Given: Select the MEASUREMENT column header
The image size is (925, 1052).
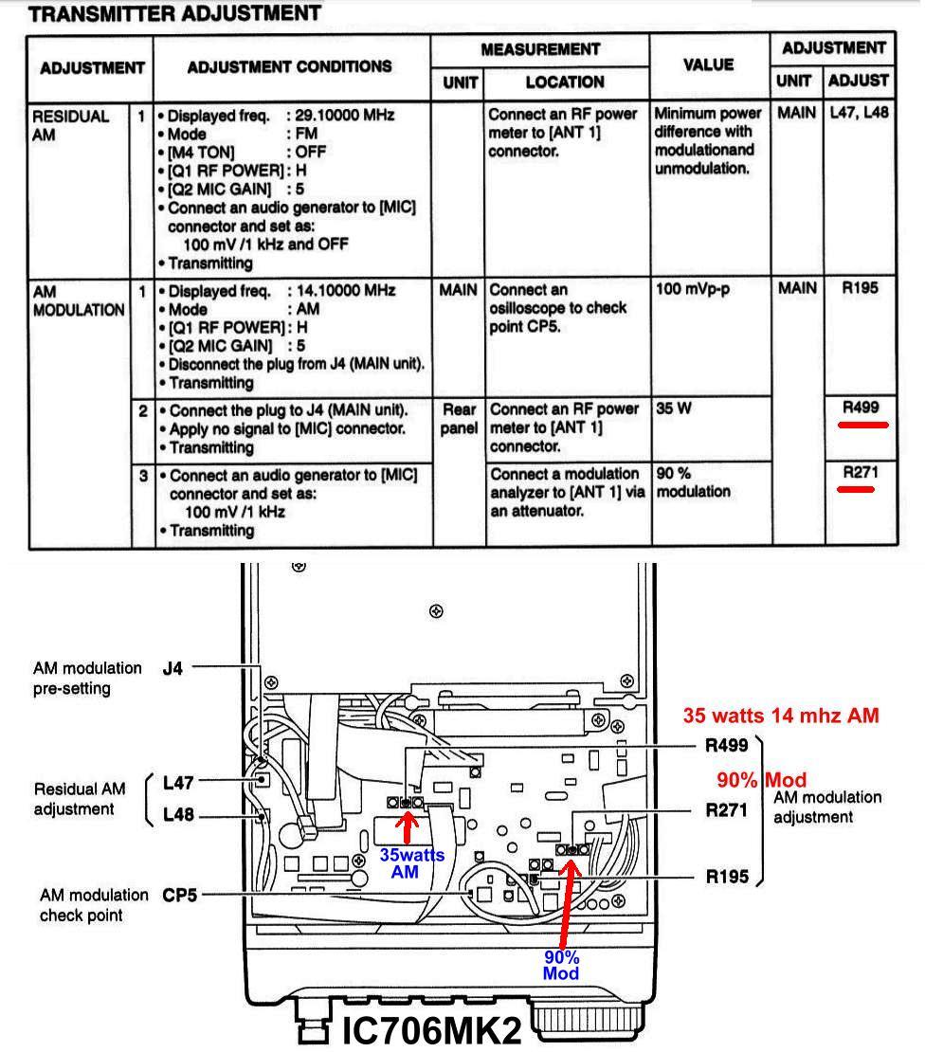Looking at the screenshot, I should pyautogui.click(x=540, y=49).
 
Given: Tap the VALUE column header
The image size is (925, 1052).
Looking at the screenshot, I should pyautogui.click(x=709, y=64).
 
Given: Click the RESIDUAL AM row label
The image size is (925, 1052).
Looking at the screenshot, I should pyautogui.click(x=71, y=125).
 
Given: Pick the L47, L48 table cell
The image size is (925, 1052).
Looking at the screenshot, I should pyautogui.click(x=859, y=115).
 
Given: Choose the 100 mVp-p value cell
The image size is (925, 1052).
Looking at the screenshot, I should pyautogui.click(x=693, y=289).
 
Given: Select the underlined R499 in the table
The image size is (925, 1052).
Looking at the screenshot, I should pyautogui.click(x=861, y=408).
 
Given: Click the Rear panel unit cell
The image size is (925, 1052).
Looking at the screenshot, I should pyautogui.click(x=460, y=419).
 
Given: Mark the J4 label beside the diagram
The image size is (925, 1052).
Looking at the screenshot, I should pyautogui.click(x=174, y=668).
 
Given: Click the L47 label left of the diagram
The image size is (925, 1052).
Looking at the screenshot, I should pyautogui.click(x=178, y=783).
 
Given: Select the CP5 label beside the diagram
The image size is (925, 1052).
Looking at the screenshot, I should pyautogui.click(x=180, y=893).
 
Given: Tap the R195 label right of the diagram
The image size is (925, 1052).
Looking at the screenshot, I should pyautogui.click(x=727, y=877).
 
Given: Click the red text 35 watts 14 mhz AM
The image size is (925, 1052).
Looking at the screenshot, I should pyautogui.click(x=781, y=716).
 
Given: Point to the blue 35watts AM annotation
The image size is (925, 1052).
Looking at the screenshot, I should pyautogui.click(x=411, y=862).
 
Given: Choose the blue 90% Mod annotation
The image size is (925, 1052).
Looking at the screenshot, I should pyautogui.click(x=561, y=965).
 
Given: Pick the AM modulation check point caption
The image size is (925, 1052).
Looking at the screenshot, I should pyautogui.click(x=94, y=904).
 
